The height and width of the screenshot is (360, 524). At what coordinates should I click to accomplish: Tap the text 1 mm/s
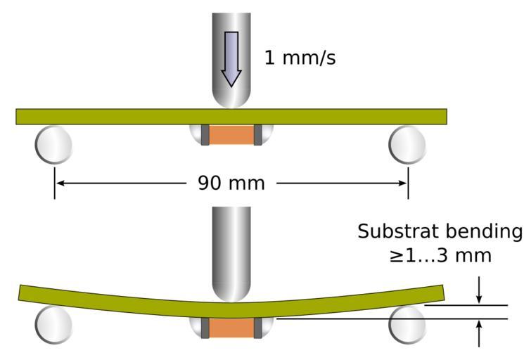(x=300, y=57)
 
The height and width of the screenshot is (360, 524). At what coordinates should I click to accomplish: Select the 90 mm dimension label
(x=231, y=184)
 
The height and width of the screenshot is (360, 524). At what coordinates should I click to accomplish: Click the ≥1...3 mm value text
(x=440, y=255)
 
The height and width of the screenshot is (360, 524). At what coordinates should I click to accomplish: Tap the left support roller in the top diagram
(x=53, y=144)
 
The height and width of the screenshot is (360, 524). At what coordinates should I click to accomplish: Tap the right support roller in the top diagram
(x=407, y=144)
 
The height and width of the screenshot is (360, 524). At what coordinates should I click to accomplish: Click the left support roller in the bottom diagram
(x=53, y=325)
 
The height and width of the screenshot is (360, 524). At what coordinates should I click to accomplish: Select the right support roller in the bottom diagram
(x=407, y=325)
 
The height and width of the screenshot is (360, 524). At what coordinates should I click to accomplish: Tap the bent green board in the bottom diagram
(x=106, y=299)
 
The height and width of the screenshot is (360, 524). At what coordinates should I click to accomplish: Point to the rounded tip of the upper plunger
(x=231, y=102)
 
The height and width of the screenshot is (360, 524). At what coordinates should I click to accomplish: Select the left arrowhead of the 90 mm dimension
(x=60, y=184)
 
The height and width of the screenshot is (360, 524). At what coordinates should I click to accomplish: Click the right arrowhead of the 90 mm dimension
(x=402, y=184)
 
